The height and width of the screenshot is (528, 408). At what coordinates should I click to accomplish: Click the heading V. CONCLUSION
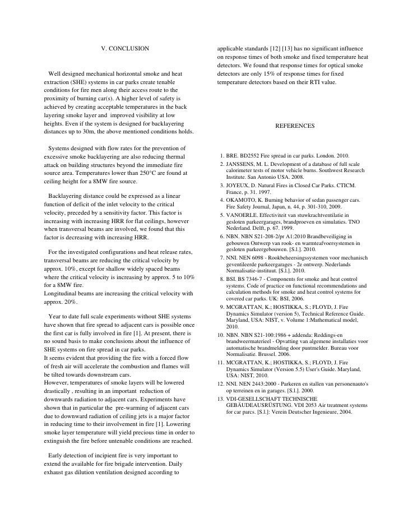point(125,49)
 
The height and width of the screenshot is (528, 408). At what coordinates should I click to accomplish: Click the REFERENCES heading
point(295,126)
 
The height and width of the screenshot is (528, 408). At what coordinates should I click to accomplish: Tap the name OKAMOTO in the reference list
point(243,200)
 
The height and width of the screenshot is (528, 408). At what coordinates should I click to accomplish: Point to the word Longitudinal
point(61,293)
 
